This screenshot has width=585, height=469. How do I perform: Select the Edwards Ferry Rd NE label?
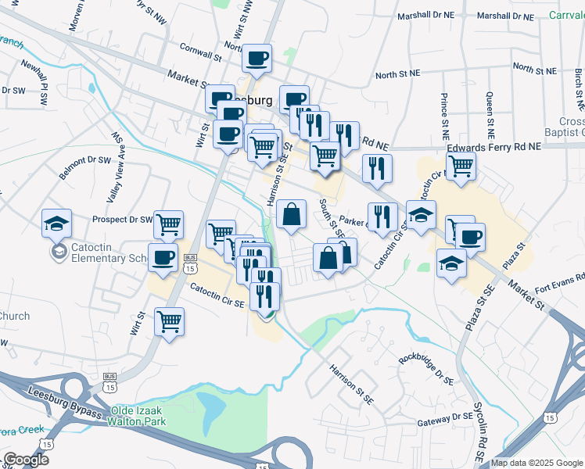[493, 147]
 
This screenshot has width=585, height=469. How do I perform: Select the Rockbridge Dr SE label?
[425, 368]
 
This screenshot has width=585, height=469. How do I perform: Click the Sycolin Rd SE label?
[479, 431]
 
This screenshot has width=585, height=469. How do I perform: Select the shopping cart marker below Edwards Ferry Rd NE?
[462, 165]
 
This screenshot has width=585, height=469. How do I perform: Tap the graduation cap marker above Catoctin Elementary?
[57, 223]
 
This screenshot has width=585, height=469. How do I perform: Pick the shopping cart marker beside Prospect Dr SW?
[169, 224]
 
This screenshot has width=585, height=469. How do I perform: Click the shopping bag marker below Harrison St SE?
[291, 213]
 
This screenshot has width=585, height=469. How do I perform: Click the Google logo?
[27, 460]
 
